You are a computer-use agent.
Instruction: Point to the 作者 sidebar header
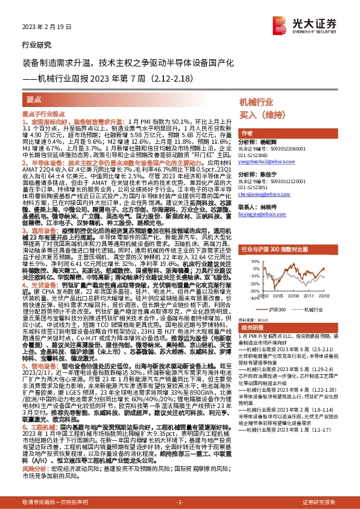[247, 132]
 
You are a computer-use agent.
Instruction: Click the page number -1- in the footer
[180, 502]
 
